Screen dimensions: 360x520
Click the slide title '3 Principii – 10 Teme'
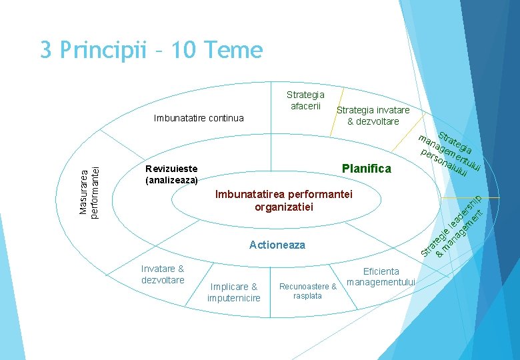[x=151, y=50]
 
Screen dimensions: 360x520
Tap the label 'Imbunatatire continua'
[x=199, y=118]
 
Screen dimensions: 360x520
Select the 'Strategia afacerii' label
[x=305, y=101]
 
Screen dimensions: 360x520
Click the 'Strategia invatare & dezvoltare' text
[x=373, y=115]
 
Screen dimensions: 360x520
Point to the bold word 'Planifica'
[x=366, y=168]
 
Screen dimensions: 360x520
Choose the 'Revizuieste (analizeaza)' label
[x=171, y=174]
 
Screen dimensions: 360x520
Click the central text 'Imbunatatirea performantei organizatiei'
[x=283, y=201]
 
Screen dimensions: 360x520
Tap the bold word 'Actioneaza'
[x=277, y=245]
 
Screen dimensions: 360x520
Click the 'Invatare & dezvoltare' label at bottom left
[x=163, y=274]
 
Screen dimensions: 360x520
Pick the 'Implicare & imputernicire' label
[x=233, y=292]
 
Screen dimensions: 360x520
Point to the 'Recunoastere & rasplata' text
[x=307, y=291]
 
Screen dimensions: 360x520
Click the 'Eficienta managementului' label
[x=381, y=277]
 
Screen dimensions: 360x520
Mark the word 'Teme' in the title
[x=233, y=50]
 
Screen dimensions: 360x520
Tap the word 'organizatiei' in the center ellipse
[x=283, y=207]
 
